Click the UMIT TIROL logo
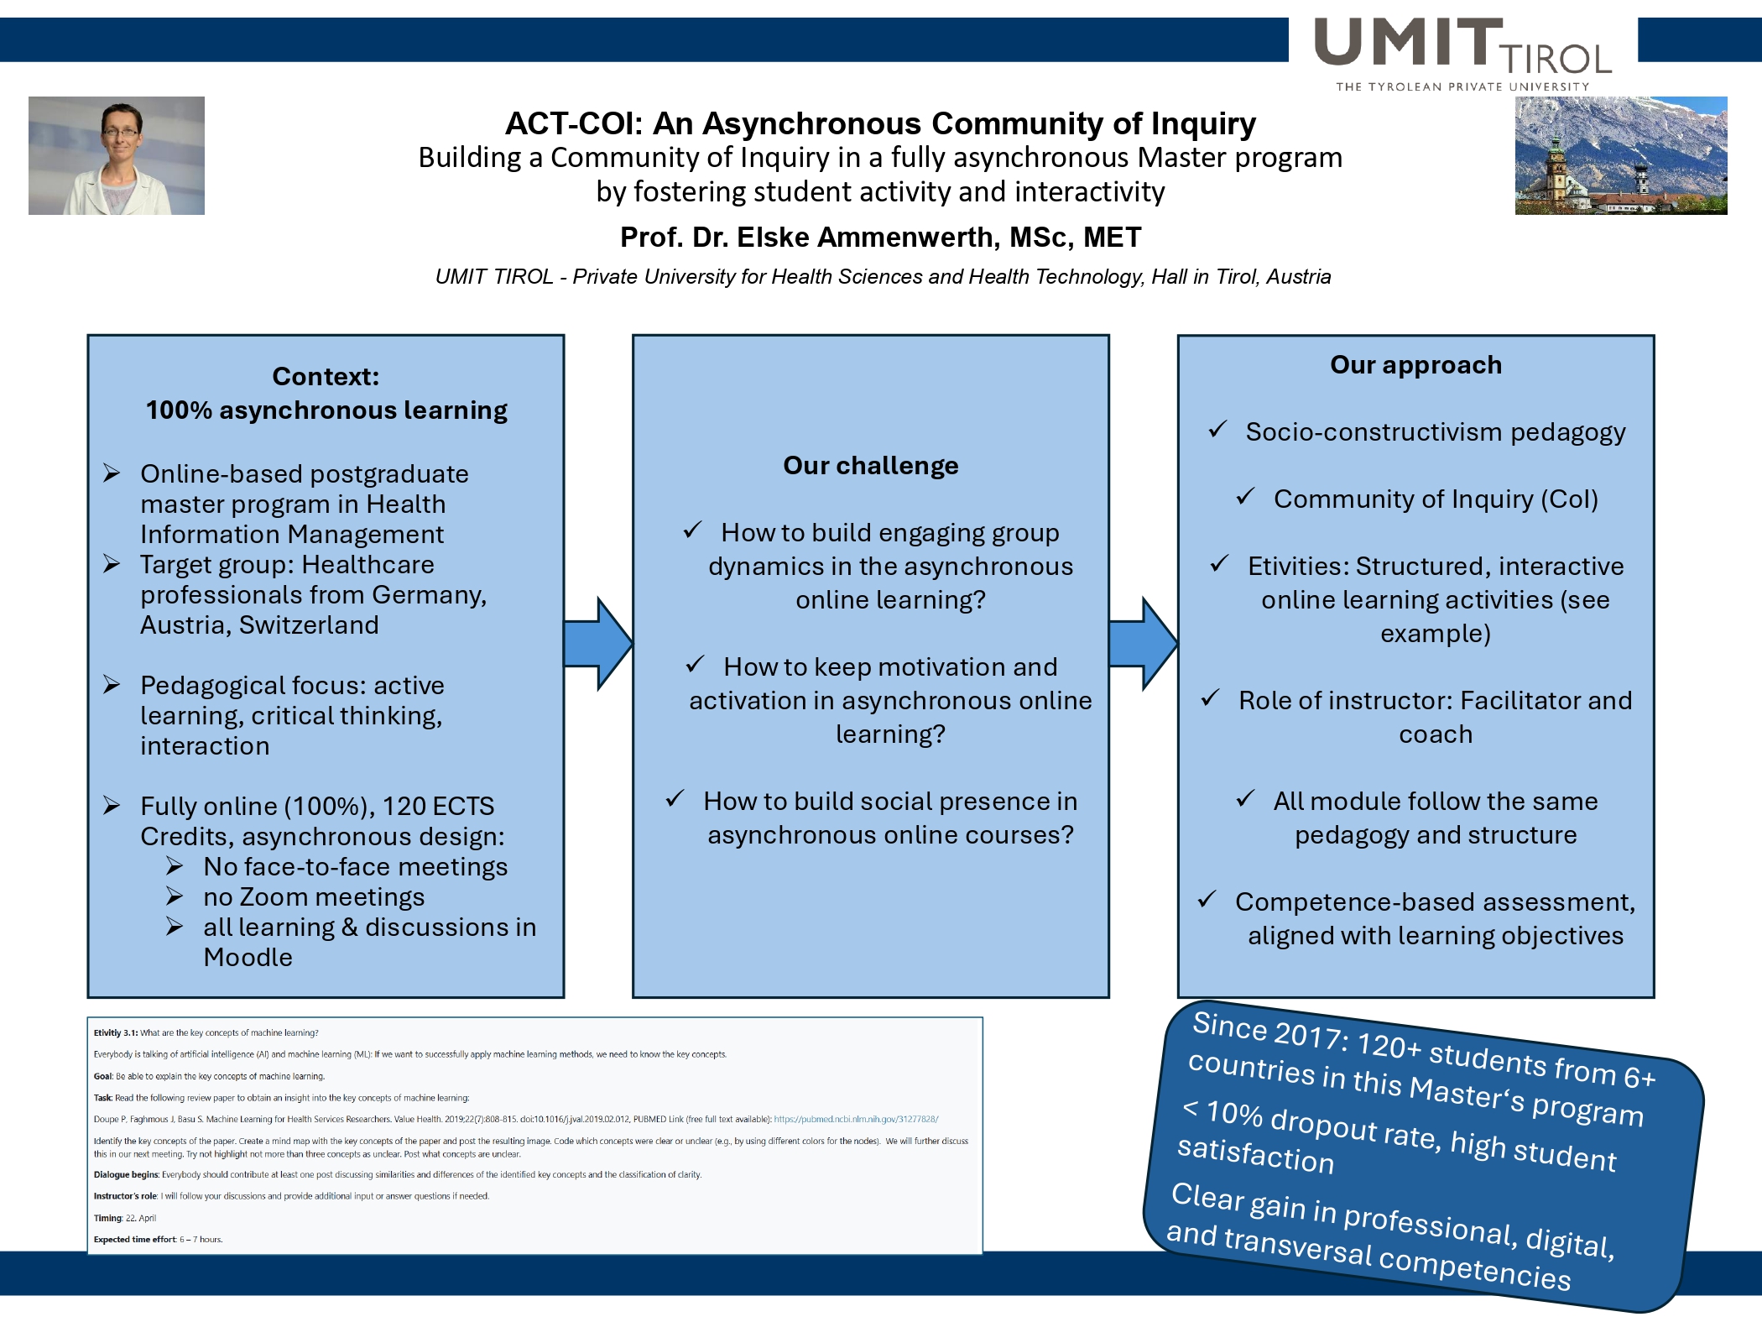(1462, 53)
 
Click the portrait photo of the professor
(117, 155)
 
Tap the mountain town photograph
(1620, 155)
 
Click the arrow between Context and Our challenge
(597, 644)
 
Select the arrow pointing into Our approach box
(1143, 644)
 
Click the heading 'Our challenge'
(870, 466)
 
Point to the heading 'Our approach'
(1415, 365)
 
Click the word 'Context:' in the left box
(326, 377)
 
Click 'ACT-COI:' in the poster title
(573, 124)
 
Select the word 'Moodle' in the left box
(248, 958)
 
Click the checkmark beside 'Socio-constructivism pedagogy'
(1217, 430)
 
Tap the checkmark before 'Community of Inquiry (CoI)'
(1245, 497)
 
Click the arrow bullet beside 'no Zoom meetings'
(175, 896)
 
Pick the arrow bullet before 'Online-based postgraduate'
(112, 473)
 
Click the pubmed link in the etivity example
(856, 1119)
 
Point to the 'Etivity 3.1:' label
(116, 1033)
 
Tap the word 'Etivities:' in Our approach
(1298, 567)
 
